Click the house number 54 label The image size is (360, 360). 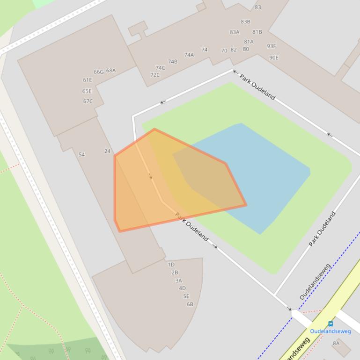click(x=81, y=155)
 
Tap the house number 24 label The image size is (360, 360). click(x=107, y=151)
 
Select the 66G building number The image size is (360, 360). click(x=98, y=72)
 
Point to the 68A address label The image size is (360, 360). click(x=110, y=71)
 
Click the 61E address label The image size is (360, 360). click(x=88, y=80)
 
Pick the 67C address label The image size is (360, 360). click(x=88, y=101)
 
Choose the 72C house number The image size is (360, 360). click(x=155, y=75)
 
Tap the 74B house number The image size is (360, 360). click(x=173, y=62)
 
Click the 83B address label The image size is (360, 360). click(x=245, y=22)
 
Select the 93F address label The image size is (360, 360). click(x=272, y=46)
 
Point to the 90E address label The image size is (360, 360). click(x=273, y=58)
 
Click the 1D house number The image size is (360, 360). click(x=171, y=265)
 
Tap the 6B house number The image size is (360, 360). click(x=190, y=304)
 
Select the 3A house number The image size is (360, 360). click(x=178, y=281)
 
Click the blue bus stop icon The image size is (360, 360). click(x=331, y=324)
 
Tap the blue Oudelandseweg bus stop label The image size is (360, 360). click(x=331, y=331)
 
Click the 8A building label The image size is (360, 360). click(x=336, y=343)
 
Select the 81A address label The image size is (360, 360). click(x=249, y=42)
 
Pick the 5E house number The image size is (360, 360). click(x=186, y=296)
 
